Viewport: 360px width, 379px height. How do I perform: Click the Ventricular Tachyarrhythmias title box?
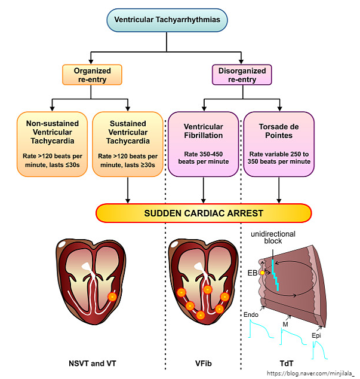tap(167, 20)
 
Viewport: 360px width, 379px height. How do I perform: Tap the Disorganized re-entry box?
tap(242, 75)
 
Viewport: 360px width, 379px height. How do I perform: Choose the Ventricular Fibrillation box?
tap(204, 143)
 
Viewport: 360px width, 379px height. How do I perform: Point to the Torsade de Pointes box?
tap(279, 143)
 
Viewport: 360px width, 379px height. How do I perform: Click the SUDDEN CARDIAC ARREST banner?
tap(204, 213)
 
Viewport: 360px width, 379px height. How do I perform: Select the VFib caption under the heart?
tap(204, 363)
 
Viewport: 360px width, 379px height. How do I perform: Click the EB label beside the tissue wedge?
tap(253, 273)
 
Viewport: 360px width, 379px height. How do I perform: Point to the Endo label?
tap(251, 314)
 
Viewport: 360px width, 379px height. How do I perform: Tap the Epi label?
tap(316, 336)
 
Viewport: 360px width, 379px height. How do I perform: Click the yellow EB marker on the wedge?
tap(261, 273)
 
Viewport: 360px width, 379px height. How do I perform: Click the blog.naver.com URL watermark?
tap(311, 373)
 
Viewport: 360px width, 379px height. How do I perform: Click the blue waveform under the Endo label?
tap(257, 331)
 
